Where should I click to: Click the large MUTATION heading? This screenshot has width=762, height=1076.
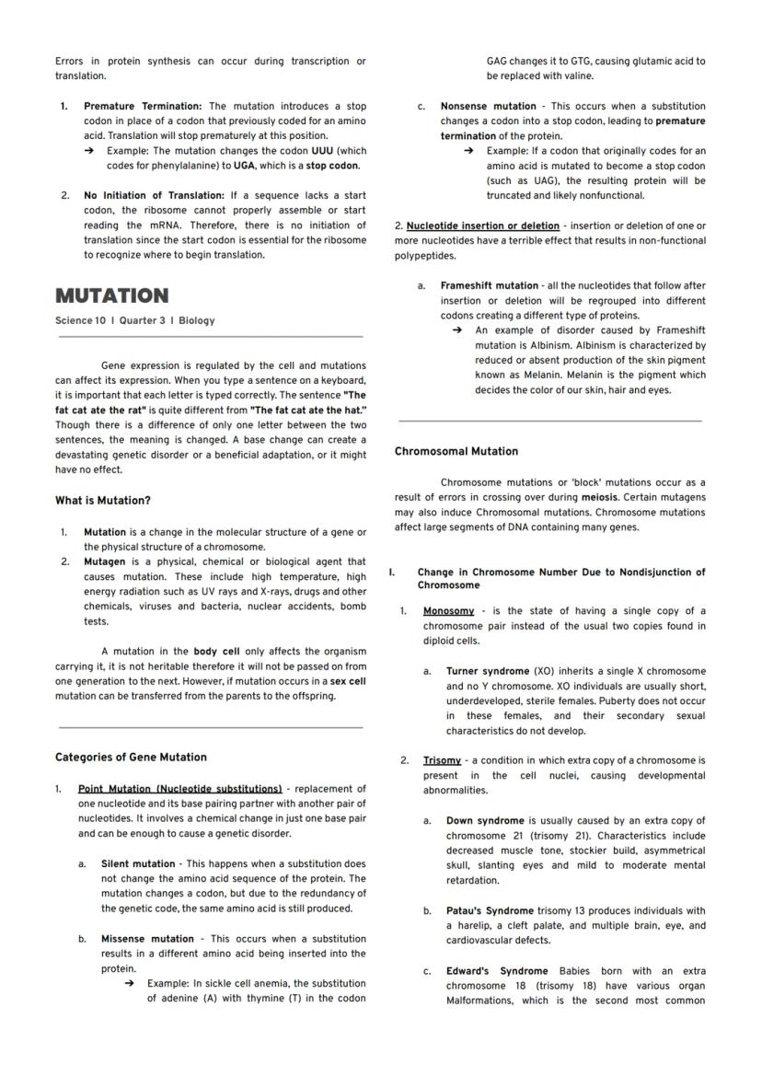pos(111,295)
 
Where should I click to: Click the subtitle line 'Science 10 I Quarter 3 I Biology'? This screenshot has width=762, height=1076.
pos(134,320)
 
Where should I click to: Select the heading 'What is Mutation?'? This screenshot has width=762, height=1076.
pos(102,501)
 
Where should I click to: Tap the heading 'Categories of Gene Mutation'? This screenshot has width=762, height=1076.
pos(131,757)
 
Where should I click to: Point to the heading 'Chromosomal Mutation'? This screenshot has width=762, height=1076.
pos(456,451)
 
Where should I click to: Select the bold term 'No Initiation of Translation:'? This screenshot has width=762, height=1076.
pos(154,195)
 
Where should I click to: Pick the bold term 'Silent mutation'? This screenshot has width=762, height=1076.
pos(137,863)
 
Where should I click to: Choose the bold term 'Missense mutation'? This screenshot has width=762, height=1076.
pos(147,939)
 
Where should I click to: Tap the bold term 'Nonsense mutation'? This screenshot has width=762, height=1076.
pos(488,106)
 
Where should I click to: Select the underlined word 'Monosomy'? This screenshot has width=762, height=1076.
pos(448,611)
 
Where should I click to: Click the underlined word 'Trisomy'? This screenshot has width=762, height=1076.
pos(442,760)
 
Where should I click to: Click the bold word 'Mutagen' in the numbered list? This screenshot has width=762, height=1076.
pos(104,561)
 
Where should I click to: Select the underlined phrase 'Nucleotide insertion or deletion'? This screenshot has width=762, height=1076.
pos(482,226)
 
